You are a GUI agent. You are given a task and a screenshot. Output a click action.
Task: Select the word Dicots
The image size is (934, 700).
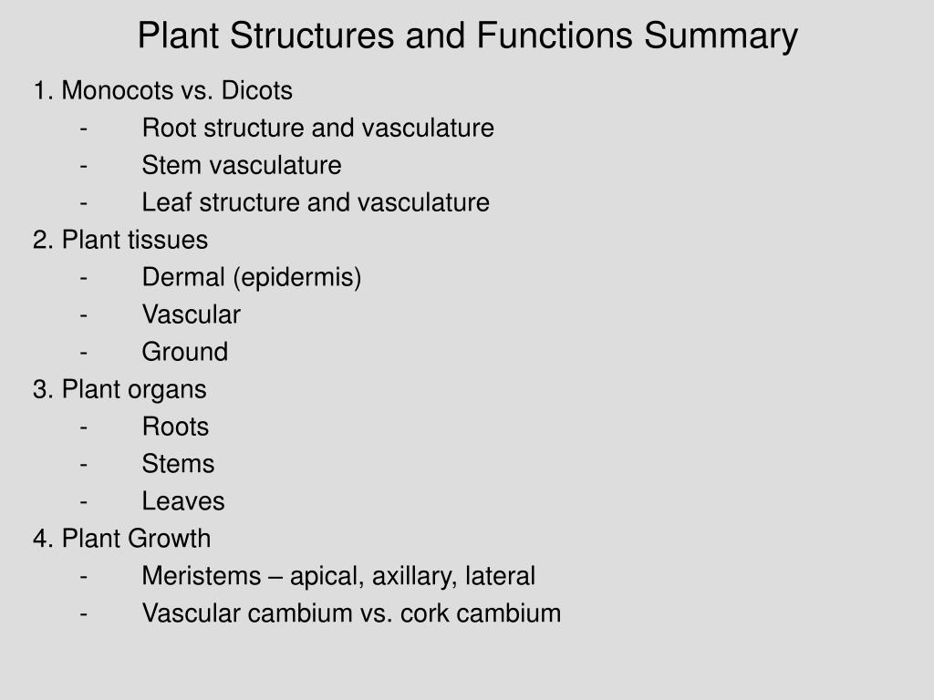(x=258, y=91)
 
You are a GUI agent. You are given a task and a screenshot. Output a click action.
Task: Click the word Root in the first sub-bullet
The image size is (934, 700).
(x=169, y=129)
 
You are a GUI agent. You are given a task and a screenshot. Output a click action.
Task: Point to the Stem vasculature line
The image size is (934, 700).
(x=242, y=166)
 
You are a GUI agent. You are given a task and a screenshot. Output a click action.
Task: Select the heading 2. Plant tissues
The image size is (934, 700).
(x=120, y=241)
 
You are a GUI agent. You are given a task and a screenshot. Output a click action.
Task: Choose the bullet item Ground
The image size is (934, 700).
(x=185, y=353)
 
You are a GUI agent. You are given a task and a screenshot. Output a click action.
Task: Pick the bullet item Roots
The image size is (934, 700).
(x=175, y=427)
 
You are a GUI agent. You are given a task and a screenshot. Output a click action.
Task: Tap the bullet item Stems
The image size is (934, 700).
(x=178, y=465)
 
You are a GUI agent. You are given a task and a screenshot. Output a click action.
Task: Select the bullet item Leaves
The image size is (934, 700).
(x=183, y=502)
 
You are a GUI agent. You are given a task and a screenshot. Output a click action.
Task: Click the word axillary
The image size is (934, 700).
(x=415, y=577)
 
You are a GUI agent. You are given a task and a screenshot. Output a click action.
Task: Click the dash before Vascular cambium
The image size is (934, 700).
(x=84, y=614)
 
